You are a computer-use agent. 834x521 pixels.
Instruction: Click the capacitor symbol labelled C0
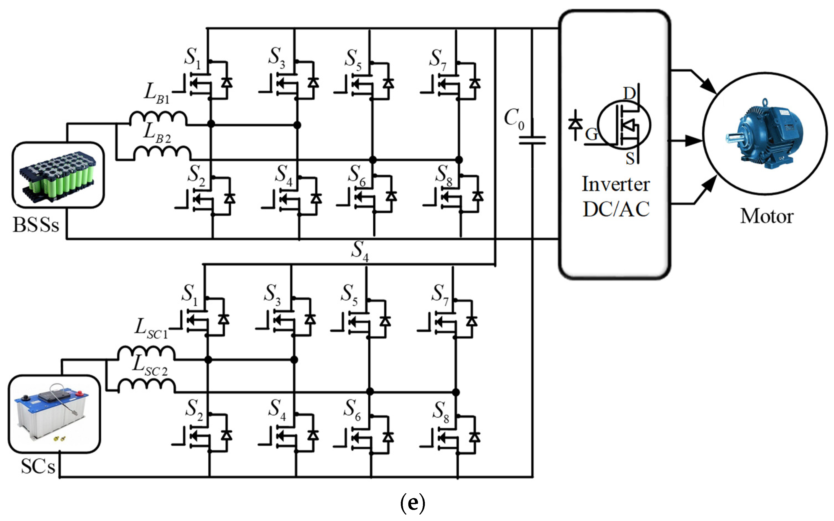coord(532,140)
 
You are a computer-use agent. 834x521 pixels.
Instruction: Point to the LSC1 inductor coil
coord(147,354)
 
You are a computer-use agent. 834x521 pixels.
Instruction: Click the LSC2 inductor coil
coord(147,386)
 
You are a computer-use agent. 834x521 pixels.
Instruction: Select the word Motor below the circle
coord(767,216)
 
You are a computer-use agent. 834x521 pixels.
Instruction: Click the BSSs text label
coord(36,225)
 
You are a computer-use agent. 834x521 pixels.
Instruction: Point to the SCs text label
coord(38,467)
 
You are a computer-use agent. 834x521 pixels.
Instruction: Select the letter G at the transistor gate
coord(591,134)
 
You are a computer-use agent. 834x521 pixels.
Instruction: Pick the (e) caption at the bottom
coord(412,503)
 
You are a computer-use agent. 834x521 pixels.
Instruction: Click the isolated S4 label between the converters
coord(360,251)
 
